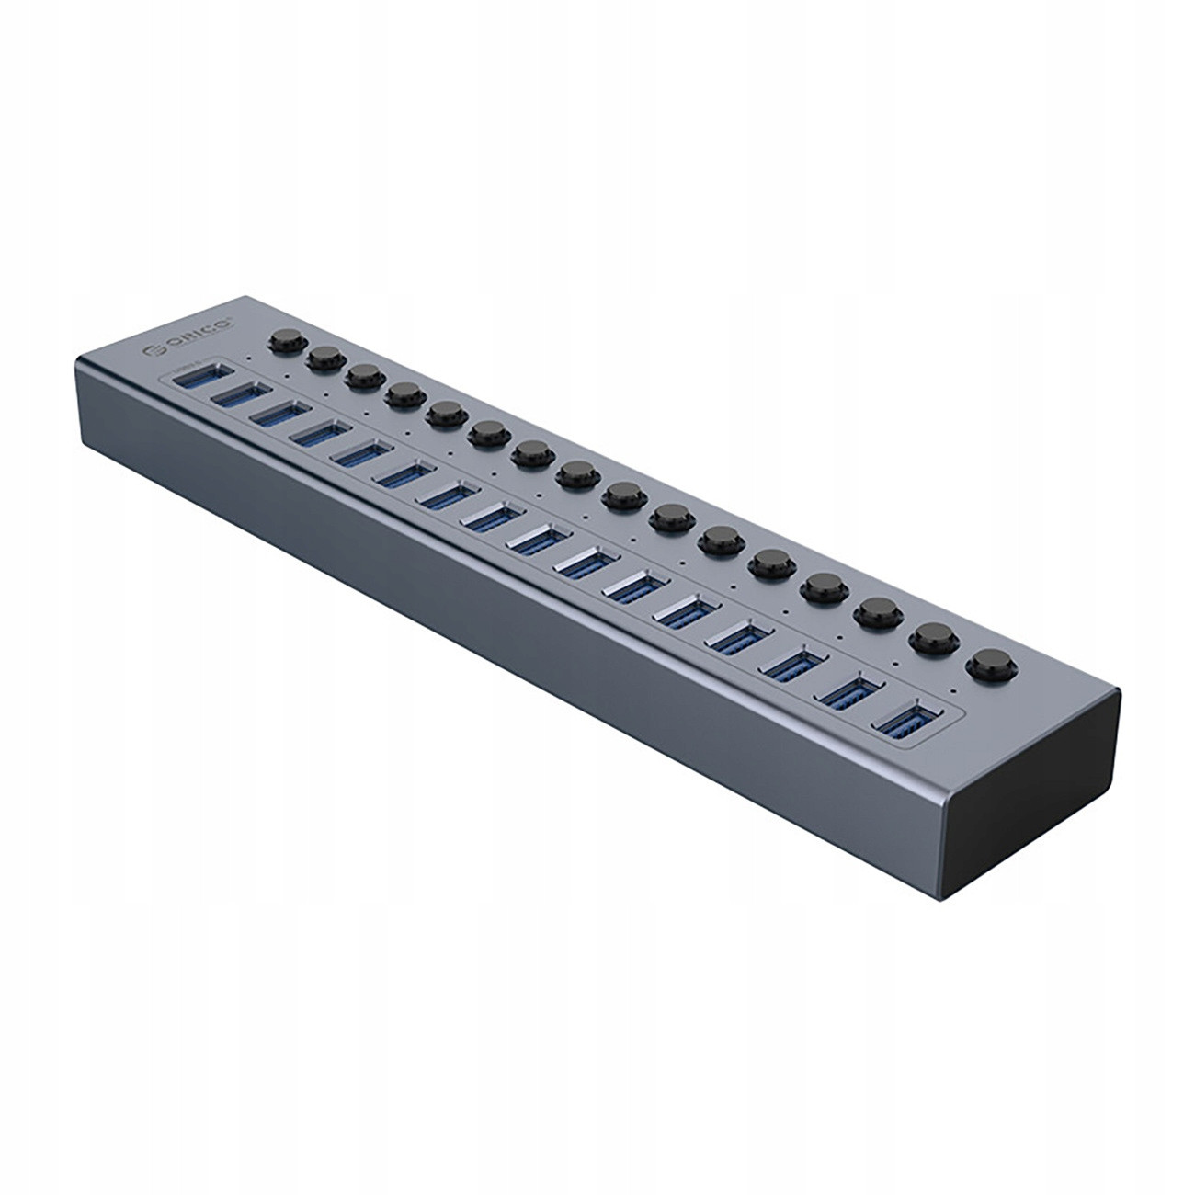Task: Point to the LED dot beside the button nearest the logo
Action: (249, 358)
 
